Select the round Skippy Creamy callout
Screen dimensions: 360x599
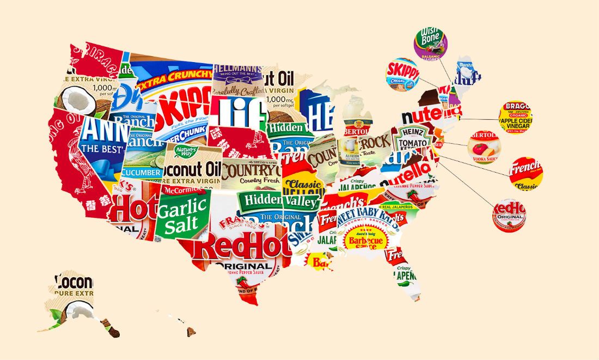tap(402, 75)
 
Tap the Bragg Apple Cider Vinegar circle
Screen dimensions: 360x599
tap(515, 117)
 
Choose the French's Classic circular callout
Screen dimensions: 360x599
tap(526, 174)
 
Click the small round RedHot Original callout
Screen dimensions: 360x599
tap(509, 215)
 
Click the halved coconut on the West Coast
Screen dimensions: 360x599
tap(77, 101)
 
